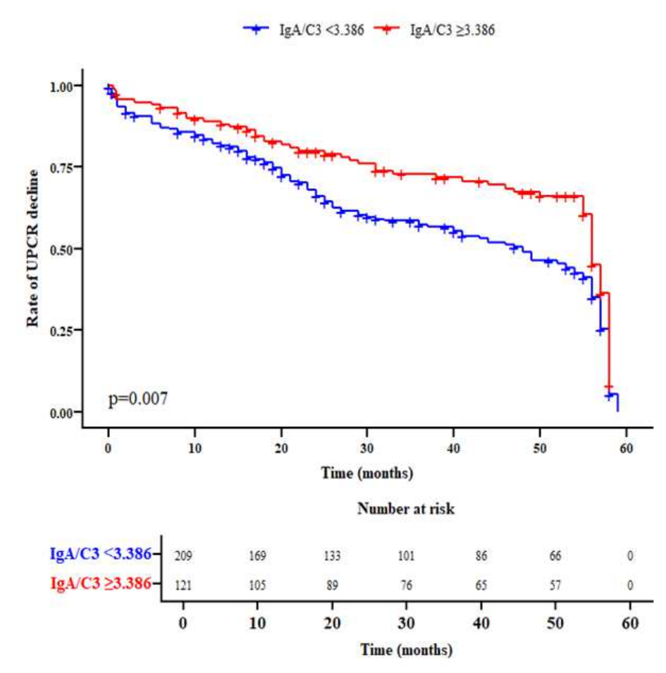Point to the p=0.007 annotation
point(138,399)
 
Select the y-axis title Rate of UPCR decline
point(32,248)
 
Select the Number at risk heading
point(405,509)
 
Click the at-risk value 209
point(183,556)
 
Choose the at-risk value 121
point(183,585)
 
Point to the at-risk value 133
point(332,556)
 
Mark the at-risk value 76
point(407,585)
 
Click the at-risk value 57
point(555,585)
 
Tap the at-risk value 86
point(481,556)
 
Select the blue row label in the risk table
point(100,555)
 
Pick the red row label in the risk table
point(100,584)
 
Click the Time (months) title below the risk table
point(406,649)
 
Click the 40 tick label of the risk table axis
point(481,624)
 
